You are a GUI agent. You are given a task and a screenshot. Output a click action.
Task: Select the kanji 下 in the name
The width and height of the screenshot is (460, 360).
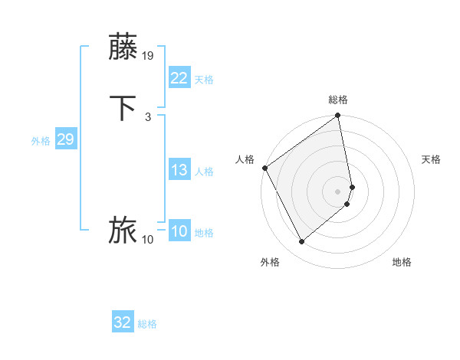pyautogui.click(x=123, y=108)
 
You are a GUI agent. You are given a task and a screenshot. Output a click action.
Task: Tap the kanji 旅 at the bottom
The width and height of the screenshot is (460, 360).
pyautogui.click(x=123, y=231)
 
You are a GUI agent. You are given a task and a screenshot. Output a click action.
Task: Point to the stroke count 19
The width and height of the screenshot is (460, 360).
pyautogui.click(x=149, y=56)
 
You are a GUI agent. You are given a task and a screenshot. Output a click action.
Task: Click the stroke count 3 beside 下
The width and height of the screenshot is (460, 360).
pyautogui.click(x=148, y=117)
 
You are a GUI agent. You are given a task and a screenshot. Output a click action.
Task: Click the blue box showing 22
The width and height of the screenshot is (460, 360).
pyautogui.click(x=179, y=78)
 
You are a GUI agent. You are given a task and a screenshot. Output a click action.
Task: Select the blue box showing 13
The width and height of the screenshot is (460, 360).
pyautogui.click(x=179, y=170)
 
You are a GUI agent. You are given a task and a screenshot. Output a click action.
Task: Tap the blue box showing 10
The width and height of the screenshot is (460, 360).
pyautogui.click(x=179, y=231)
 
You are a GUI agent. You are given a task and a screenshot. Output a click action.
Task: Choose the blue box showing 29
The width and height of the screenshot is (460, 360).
pyautogui.click(x=65, y=139)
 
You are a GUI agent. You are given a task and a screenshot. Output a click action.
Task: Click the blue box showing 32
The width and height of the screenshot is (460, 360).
pyautogui.click(x=123, y=322)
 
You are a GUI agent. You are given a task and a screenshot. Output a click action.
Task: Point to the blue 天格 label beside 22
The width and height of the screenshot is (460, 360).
pyautogui.click(x=204, y=80)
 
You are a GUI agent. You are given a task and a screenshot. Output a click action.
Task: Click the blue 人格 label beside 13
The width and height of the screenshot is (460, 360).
pyautogui.click(x=204, y=172)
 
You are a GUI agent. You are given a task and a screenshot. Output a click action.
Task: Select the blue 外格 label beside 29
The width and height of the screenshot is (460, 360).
pyautogui.click(x=41, y=141)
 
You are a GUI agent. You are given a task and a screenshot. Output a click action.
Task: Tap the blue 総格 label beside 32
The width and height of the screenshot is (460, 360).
pyautogui.click(x=147, y=324)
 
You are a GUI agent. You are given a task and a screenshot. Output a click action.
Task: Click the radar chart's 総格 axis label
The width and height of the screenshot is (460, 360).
pyautogui.click(x=338, y=100)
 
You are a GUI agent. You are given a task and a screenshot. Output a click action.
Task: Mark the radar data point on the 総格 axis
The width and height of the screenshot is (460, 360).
pyautogui.click(x=337, y=116)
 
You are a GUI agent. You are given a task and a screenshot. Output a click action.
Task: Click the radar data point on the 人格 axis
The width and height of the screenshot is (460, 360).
pyautogui.click(x=264, y=168)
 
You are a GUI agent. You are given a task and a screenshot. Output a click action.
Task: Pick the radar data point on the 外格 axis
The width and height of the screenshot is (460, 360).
pyautogui.click(x=301, y=241)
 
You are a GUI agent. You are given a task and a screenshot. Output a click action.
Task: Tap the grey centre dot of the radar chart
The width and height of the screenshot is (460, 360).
pyautogui.click(x=338, y=191)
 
